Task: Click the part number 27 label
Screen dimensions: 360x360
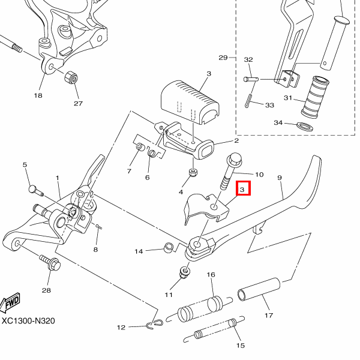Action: [78, 103]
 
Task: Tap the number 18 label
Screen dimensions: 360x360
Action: [38, 96]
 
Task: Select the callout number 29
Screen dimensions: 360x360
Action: [223, 58]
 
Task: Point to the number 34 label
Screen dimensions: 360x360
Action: [278, 123]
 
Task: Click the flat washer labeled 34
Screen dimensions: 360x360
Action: [303, 125]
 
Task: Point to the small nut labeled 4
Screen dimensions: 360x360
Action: [193, 173]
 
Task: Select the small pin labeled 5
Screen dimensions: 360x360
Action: [34, 190]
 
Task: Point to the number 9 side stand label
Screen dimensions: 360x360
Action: [279, 178]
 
